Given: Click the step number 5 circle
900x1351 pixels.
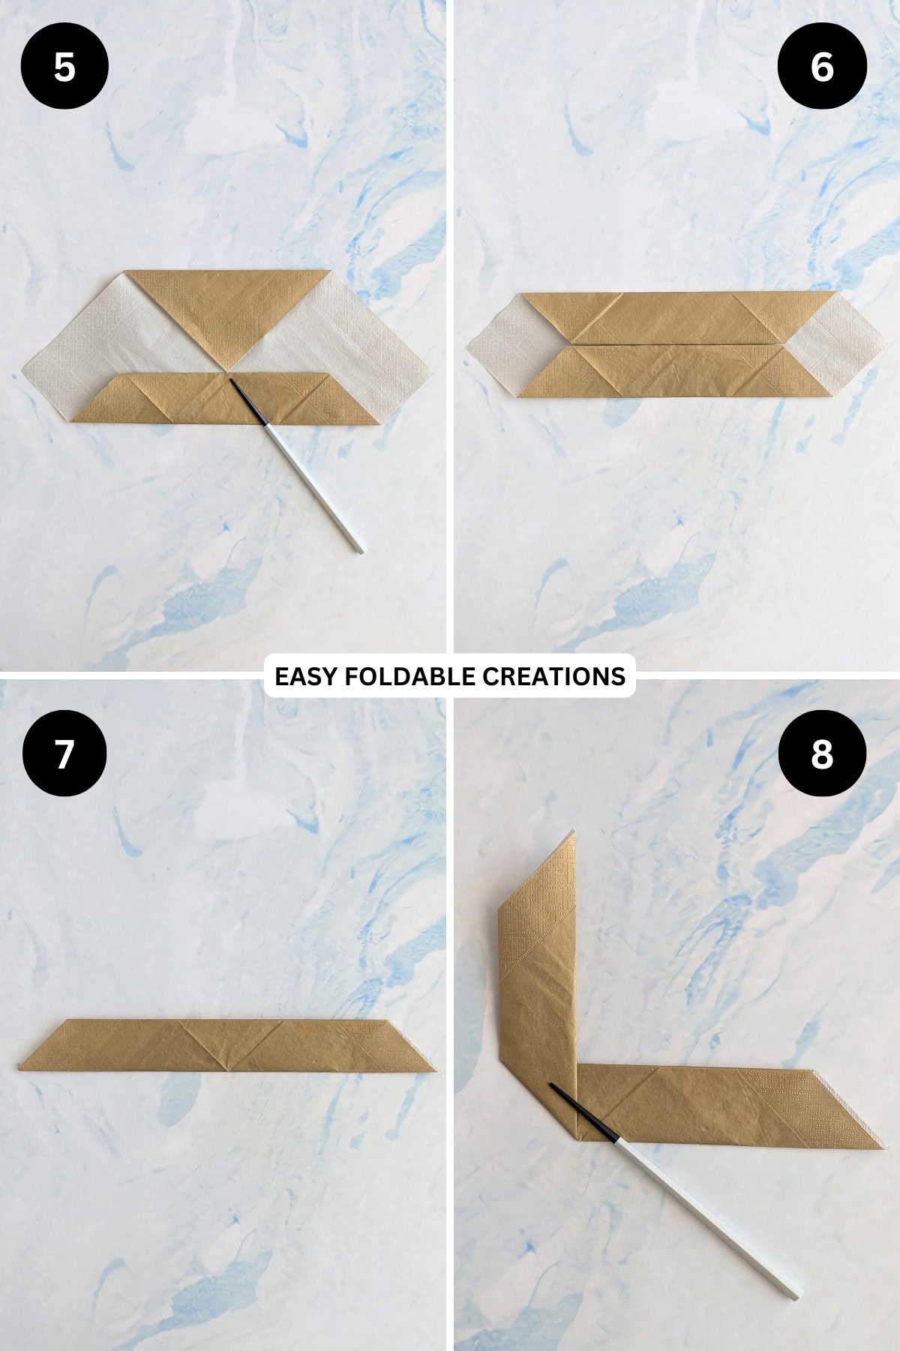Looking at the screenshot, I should coord(64,67).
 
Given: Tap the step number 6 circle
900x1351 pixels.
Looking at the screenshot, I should coord(822,67).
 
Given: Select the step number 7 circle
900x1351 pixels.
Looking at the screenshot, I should coord(64,754).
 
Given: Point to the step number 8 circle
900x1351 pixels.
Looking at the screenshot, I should coord(822,754).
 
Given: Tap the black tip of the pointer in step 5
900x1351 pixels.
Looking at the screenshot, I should coord(235,384).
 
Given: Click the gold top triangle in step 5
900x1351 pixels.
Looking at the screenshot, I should coord(228,308).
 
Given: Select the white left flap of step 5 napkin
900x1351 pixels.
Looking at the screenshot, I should coord(90,345).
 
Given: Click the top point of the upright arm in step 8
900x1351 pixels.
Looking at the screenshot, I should coord(573,833).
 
